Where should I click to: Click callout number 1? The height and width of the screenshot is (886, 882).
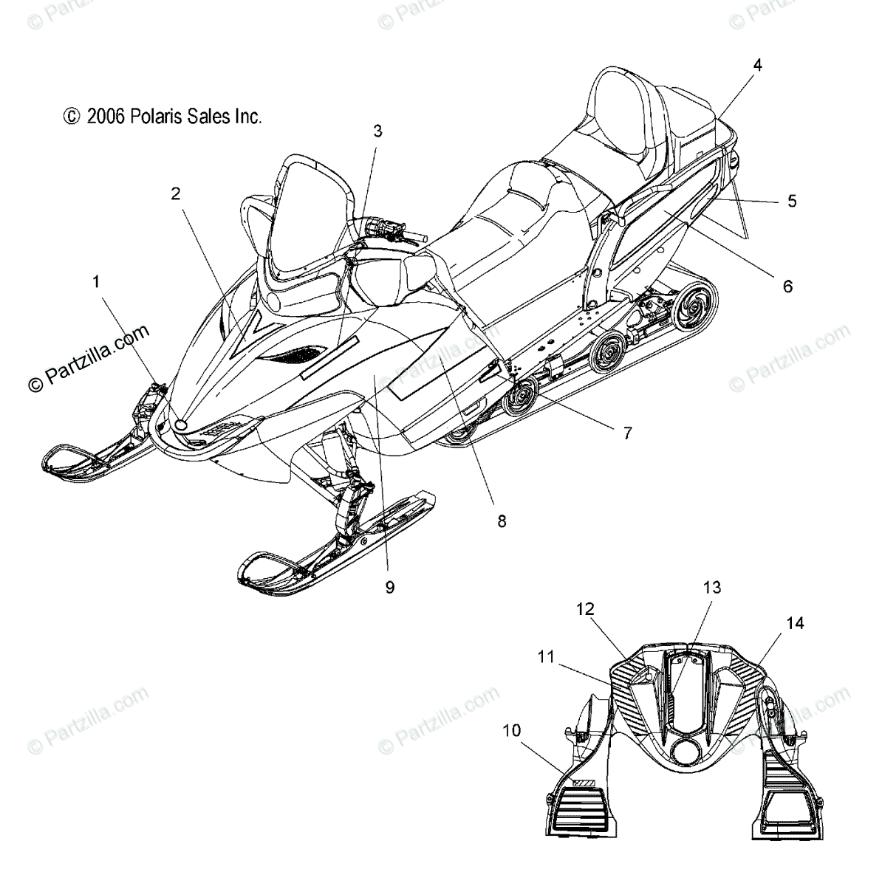(x=96, y=281)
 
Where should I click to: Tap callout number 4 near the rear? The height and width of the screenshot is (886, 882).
(x=757, y=65)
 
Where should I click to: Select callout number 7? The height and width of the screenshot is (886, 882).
(x=627, y=433)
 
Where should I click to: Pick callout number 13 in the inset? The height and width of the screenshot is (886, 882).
(x=711, y=588)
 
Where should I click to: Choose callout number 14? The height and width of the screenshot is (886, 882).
(x=795, y=623)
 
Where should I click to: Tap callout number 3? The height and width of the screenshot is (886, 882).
(x=377, y=131)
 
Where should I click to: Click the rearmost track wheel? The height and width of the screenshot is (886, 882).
(x=677, y=305)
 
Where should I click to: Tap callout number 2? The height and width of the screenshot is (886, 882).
(x=175, y=193)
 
